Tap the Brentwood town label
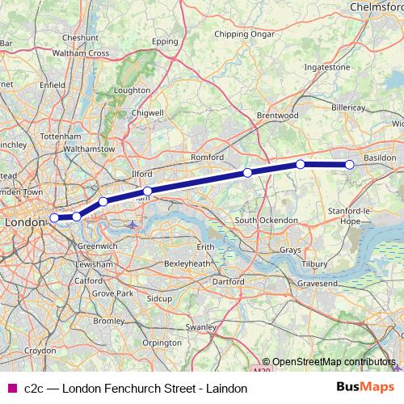277,116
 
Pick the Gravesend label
318,284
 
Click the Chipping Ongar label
243,34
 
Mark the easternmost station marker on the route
350,165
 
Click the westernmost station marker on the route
54,217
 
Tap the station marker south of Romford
247,173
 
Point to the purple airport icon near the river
133,224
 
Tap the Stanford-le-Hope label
352,214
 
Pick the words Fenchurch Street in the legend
136,389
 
